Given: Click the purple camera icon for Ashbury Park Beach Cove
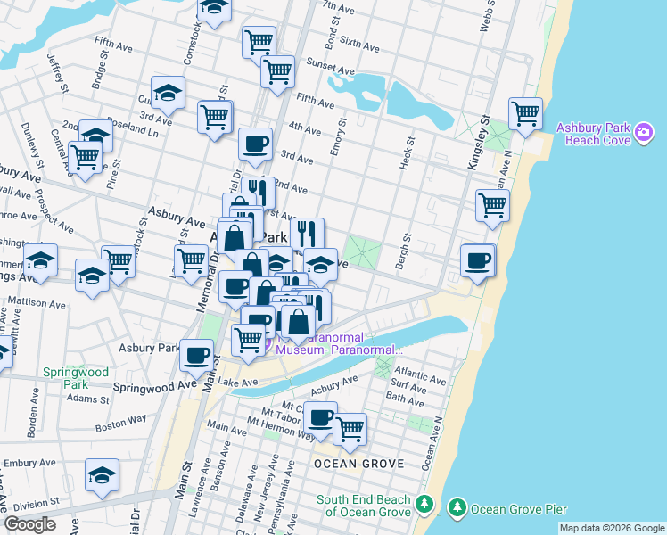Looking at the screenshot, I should pyautogui.click(x=644, y=134).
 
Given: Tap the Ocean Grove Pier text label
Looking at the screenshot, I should pyautogui.click(x=519, y=509).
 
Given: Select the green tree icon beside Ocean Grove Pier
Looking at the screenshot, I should pyautogui.click(x=457, y=507).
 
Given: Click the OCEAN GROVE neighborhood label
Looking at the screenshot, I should pyautogui.click(x=358, y=464).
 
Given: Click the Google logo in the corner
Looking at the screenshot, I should pyautogui.click(x=29, y=524).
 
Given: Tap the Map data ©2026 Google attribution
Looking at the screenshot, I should pyautogui.click(x=611, y=528).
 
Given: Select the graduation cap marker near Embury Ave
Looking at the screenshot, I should pyautogui.click(x=103, y=475).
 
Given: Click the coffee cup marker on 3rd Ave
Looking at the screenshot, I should pyautogui.click(x=255, y=144).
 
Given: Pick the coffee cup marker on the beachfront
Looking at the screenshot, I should pyautogui.click(x=478, y=260).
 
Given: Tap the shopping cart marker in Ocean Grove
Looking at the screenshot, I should pyautogui.click(x=350, y=429).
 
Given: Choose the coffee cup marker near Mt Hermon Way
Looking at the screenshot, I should pyautogui.click(x=320, y=417).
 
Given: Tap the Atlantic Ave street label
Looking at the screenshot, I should pyautogui.click(x=421, y=380).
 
